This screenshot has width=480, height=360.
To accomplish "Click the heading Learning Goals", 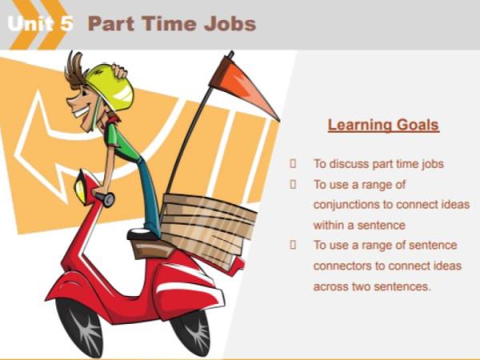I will (x=383, y=126).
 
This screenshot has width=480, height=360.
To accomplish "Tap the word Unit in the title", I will (x=32, y=23).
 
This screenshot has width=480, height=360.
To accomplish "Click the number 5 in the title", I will (x=66, y=23).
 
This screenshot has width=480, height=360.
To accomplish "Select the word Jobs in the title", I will (x=229, y=23).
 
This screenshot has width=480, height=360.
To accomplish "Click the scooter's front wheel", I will (x=80, y=324).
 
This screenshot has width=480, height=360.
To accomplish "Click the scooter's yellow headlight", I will (x=81, y=186).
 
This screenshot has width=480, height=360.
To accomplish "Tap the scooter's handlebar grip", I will (x=105, y=198).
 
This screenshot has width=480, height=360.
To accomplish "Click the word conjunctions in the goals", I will (x=351, y=204).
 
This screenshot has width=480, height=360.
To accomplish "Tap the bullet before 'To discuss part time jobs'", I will (x=294, y=163).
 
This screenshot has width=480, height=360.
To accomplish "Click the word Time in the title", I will (x=169, y=23).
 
